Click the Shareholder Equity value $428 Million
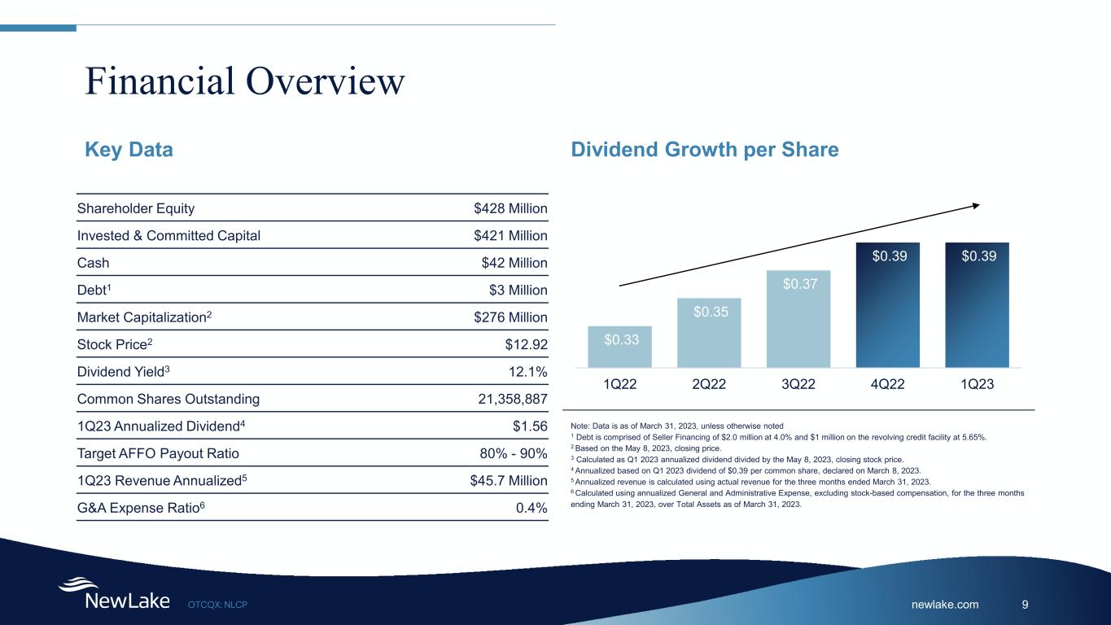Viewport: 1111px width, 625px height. click(510, 208)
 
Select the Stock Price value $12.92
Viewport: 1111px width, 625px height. click(525, 344)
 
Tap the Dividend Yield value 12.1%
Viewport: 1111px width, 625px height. click(528, 372)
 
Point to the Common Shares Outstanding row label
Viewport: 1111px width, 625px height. click(168, 399)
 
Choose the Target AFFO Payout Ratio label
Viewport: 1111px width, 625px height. click(158, 453)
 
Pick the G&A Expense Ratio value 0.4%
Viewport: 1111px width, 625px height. click(531, 508)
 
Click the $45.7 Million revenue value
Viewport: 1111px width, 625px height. click(503, 480)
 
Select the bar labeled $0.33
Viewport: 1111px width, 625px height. click(619, 347)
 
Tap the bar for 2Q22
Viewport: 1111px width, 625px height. click(709, 333)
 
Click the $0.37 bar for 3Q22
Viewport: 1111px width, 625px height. click(798, 319)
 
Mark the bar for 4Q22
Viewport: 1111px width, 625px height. click(888, 305)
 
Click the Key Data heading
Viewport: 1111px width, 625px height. click(129, 150)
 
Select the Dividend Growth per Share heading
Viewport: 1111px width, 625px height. click(706, 150)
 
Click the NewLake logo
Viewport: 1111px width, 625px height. click(114, 595)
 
